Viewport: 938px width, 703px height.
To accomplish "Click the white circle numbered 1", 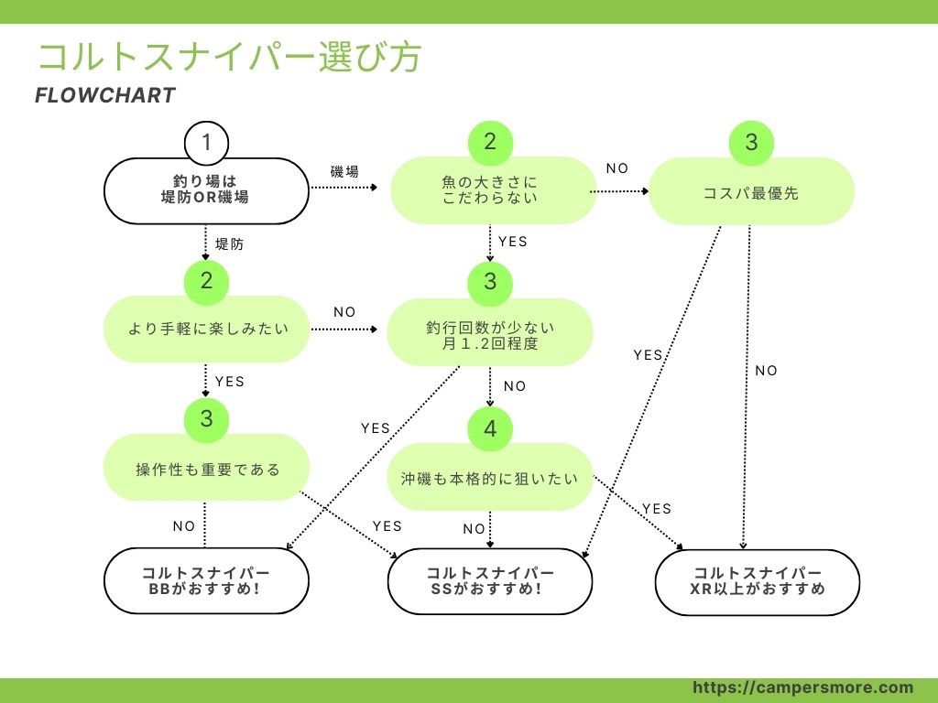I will [206, 143].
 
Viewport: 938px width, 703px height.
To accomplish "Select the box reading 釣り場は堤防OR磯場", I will [206, 190].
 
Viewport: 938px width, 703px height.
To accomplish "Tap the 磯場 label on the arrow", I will [344, 172].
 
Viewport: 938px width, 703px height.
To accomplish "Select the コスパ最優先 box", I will [751, 193].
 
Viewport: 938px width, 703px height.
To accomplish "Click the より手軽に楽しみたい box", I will [206, 329].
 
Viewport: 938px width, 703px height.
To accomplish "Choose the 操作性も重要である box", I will [207, 470].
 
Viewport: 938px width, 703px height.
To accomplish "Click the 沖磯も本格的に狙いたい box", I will [490, 478].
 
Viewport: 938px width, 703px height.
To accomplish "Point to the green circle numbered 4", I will [490, 429].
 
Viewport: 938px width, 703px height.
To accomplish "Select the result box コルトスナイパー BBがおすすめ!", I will [205, 581].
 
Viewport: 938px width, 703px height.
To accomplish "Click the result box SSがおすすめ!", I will [490, 581].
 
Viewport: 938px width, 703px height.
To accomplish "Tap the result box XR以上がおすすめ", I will [758, 581].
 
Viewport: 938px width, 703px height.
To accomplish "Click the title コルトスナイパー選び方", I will [229, 57].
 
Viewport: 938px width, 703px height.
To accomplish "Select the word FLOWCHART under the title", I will [104, 96].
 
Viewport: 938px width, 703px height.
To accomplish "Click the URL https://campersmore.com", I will [802, 687].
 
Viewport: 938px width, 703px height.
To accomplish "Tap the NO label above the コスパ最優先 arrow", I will [617, 168].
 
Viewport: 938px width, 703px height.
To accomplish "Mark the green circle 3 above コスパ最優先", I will [751, 143].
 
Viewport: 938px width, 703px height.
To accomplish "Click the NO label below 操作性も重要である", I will [184, 526].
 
